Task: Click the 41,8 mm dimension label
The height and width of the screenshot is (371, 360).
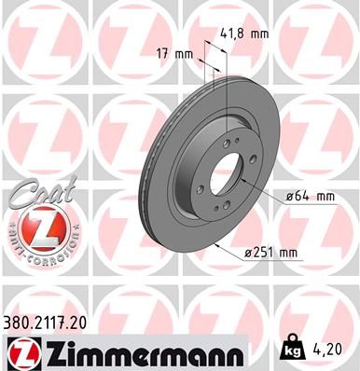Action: point(245,34)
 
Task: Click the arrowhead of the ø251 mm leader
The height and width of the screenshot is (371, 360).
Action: point(216,242)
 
